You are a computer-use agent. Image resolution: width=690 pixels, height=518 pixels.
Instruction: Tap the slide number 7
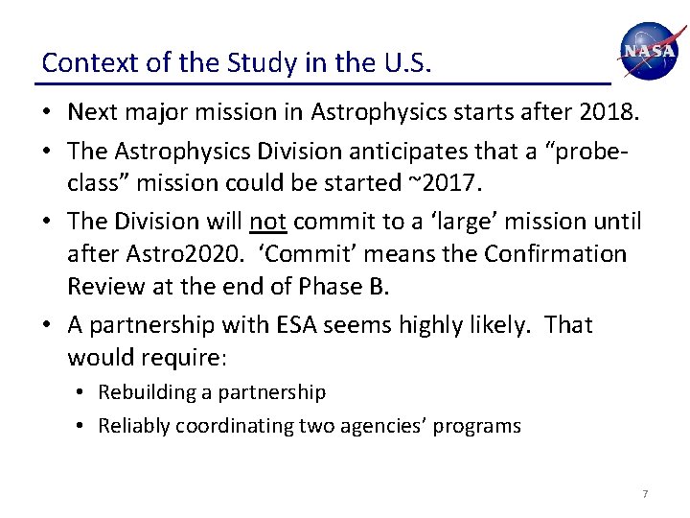[645, 494]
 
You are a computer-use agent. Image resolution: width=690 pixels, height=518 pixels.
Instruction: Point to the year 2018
[607, 112]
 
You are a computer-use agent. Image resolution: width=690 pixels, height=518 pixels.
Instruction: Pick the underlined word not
[268, 222]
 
